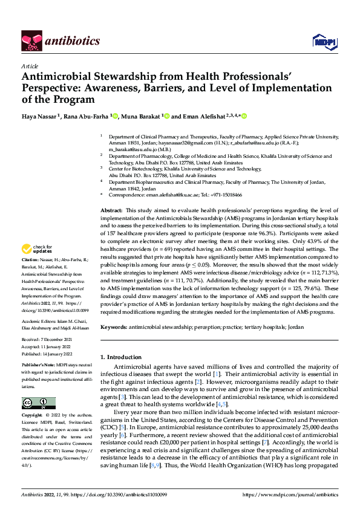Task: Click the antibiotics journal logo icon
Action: point(31,41)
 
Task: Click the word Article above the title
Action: point(29,65)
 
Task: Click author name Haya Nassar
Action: point(38,116)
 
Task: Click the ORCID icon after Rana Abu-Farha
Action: point(116,116)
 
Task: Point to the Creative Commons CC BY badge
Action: point(38,403)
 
